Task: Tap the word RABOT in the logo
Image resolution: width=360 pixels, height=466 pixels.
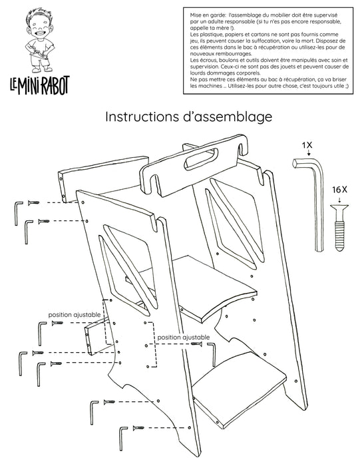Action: pyautogui.click(x=55, y=85)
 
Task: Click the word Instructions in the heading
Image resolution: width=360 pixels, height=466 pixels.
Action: pyautogui.click(x=141, y=116)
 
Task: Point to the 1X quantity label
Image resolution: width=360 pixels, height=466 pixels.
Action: pyautogui.click(x=307, y=145)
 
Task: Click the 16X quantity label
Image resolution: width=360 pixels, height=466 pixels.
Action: pyautogui.click(x=340, y=190)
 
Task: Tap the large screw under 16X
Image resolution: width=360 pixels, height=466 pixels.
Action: pyautogui.click(x=339, y=227)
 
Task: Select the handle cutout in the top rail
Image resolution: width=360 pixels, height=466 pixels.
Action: pyautogui.click(x=201, y=159)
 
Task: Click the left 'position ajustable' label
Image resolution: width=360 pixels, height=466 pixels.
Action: pyautogui.click(x=75, y=314)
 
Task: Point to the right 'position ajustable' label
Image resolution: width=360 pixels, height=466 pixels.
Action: pyautogui.click(x=183, y=338)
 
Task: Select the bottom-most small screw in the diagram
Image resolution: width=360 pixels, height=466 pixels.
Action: pyautogui.click(x=138, y=428)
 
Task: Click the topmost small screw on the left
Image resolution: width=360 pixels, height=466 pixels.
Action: pyautogui.click(x=33, y=202)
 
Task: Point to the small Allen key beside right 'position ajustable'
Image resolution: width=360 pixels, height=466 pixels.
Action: pyautogui.click(x=211, y=354)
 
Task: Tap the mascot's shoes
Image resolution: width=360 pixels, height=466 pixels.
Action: pyautogui.click(x=42, y=69)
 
